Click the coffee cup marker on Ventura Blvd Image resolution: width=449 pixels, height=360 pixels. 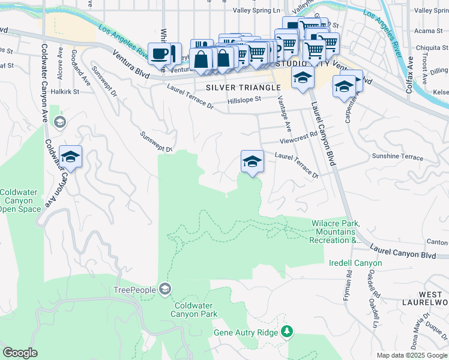160,54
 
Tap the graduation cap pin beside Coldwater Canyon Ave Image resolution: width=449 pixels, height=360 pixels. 70,158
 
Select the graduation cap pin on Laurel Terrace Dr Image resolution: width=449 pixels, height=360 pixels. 252,161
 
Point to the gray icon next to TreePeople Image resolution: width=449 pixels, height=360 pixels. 164,290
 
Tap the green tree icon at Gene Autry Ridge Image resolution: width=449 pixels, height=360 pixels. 287,332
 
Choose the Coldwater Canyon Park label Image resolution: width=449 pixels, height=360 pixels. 193,309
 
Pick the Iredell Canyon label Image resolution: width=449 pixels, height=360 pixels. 355,263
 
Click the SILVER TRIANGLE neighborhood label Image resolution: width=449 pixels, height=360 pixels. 243,88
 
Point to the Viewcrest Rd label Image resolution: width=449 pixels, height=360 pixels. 298,138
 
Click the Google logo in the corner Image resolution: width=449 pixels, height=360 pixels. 20,353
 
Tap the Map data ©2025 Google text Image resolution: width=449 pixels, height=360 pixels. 412,355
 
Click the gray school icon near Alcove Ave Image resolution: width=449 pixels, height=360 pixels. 59,122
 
